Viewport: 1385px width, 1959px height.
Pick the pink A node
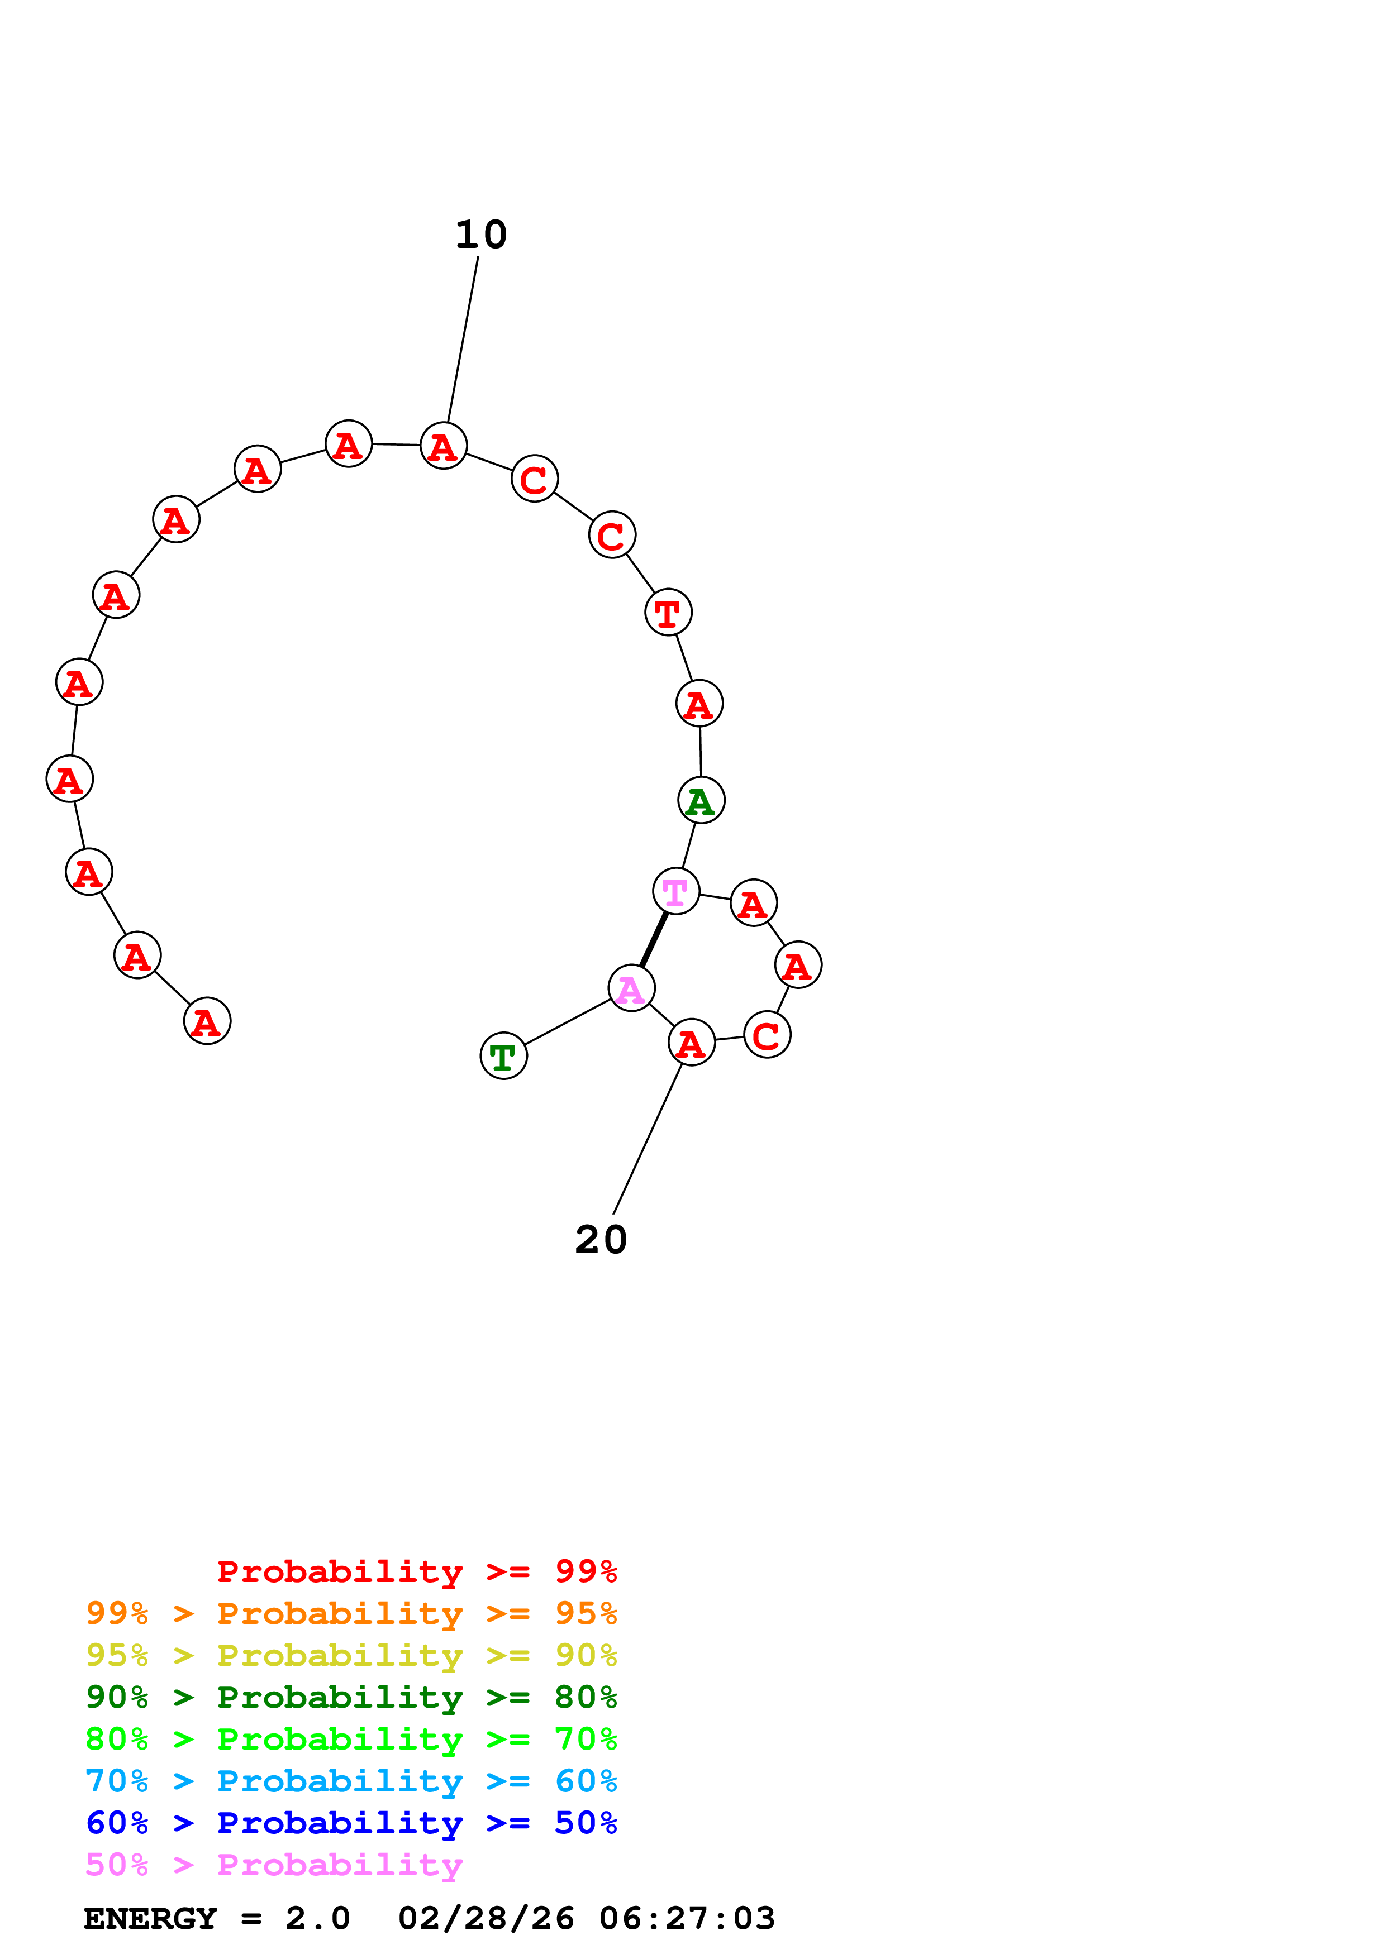pyautogui.click(x=631, y=988)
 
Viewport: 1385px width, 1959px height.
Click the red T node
pyautogui.click(x=668, y=611)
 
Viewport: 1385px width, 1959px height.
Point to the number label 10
pyautogui.click(x=480, y=235)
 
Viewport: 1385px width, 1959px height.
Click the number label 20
pyautogui.click(x=601, y=1240)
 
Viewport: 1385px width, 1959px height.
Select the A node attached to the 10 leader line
pyautogui.click(x=444, y=446)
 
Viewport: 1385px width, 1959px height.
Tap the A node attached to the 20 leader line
pyautogui.click(x=691, y=1042)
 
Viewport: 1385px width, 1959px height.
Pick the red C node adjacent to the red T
pyautogui.click(x=612, y=535)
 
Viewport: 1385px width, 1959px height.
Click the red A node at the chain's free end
pyautogui.click(x=207, y=1020)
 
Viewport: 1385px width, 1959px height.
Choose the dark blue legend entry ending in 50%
pyautogui.click(x=351, y=1823)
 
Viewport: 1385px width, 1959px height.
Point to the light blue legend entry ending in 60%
pyautogui.click(x=351, y=1781)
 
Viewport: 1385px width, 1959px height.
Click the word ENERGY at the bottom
pyautogui.click(x=150, y=1918)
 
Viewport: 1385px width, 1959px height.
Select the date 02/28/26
pyautogui.click(x=487, y=1918)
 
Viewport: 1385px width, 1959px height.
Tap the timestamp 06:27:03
pyautogui.click(x=687, y=1918)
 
